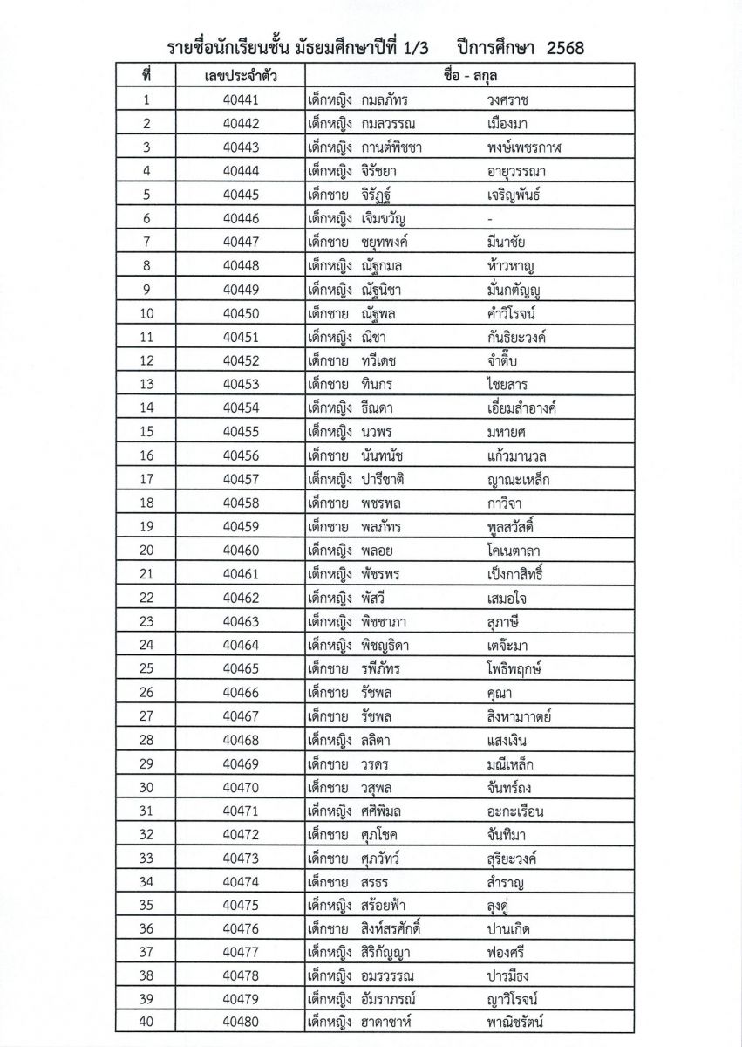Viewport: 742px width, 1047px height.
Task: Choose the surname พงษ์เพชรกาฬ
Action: click(x=525, y=147)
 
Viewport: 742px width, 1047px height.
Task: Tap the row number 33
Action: click(x=146, y=857)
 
